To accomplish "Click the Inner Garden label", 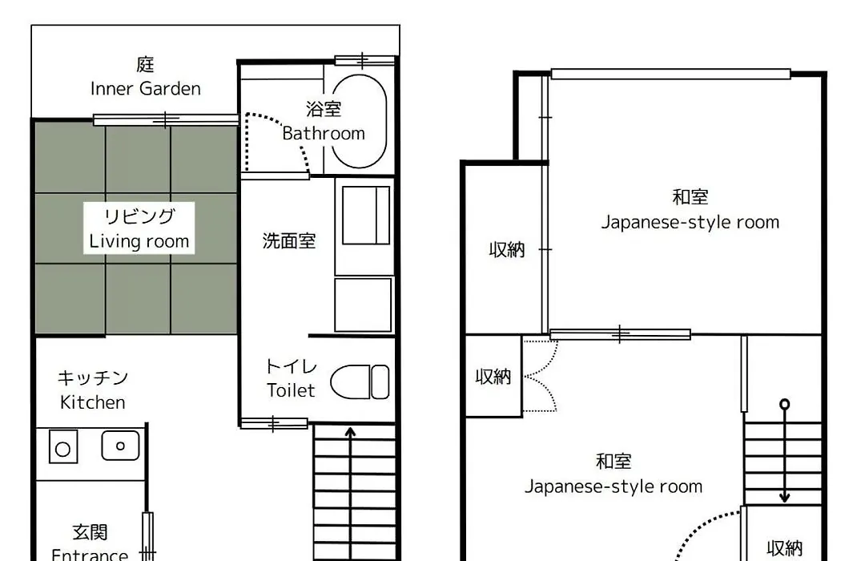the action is [x=145, y=88].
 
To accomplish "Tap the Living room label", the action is [x=139, y=241].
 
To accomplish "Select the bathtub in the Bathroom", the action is [x=359, y=121].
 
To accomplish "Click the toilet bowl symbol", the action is [x=360, y=381].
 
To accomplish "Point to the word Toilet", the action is [x=291, y=390].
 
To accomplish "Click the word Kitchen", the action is [x=93, y=402].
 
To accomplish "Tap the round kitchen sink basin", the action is [x=120, y=446].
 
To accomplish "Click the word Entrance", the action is [x=90, y=554].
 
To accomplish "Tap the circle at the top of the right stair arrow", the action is [x=784, y=404].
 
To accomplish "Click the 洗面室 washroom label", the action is [x=288, y=240].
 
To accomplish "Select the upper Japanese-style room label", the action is [x=690, y=222].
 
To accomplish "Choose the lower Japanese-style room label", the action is [x=614, y=486].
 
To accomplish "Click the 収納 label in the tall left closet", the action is [x=506, y=249].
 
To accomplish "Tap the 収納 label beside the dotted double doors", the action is [x=493, y=377].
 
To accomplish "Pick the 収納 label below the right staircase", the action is [x=784, y=548].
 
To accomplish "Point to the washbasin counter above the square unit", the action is [x=366, y=216].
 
